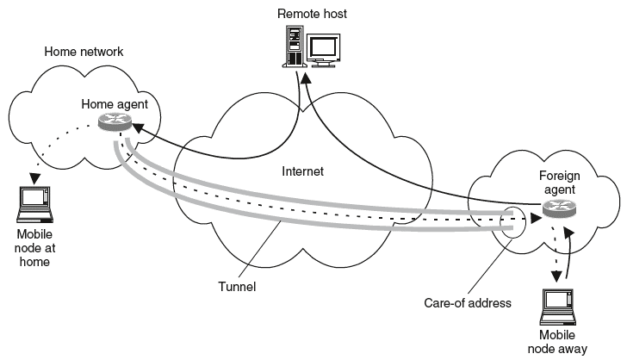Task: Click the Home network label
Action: pos(84,52)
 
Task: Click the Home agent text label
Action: pos(115,104)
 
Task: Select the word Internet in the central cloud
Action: pos(302,171)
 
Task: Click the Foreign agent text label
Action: pos(560,183)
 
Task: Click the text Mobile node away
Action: pos(562,342)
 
